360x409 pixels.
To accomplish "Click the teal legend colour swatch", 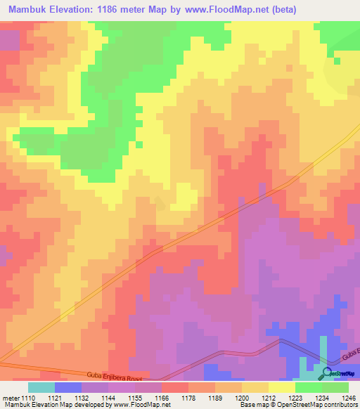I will tap(41, 387).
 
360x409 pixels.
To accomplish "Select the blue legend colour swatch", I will tap(67, 387).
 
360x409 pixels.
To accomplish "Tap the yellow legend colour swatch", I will tap(281, 387).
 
